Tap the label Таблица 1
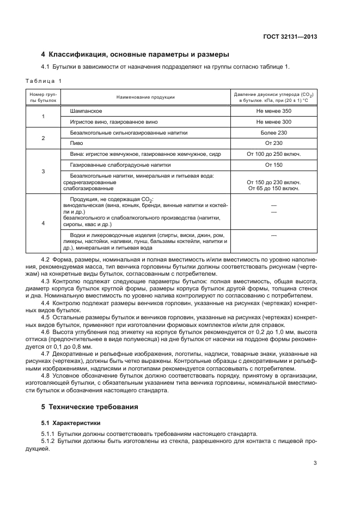point(44,81)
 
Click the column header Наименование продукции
point(145,97)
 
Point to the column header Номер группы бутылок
point(43,97)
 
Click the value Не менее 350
point(273,111)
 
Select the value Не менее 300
point(273,122)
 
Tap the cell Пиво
point(76,143)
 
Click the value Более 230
point(273,133)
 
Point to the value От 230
point(273,143)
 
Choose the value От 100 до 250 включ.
point(273,154)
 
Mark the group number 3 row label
point(43,172)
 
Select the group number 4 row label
point(43,223)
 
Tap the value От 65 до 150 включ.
point(273,189)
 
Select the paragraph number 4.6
point(46,332)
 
